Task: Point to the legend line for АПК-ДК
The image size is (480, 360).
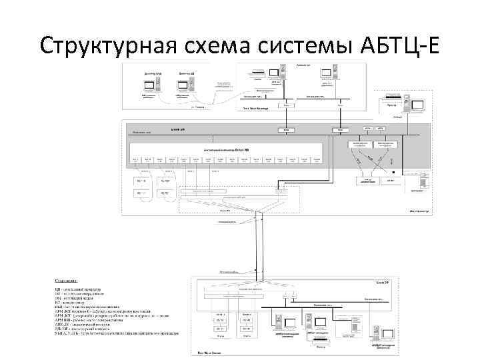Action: tap(87, 325)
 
